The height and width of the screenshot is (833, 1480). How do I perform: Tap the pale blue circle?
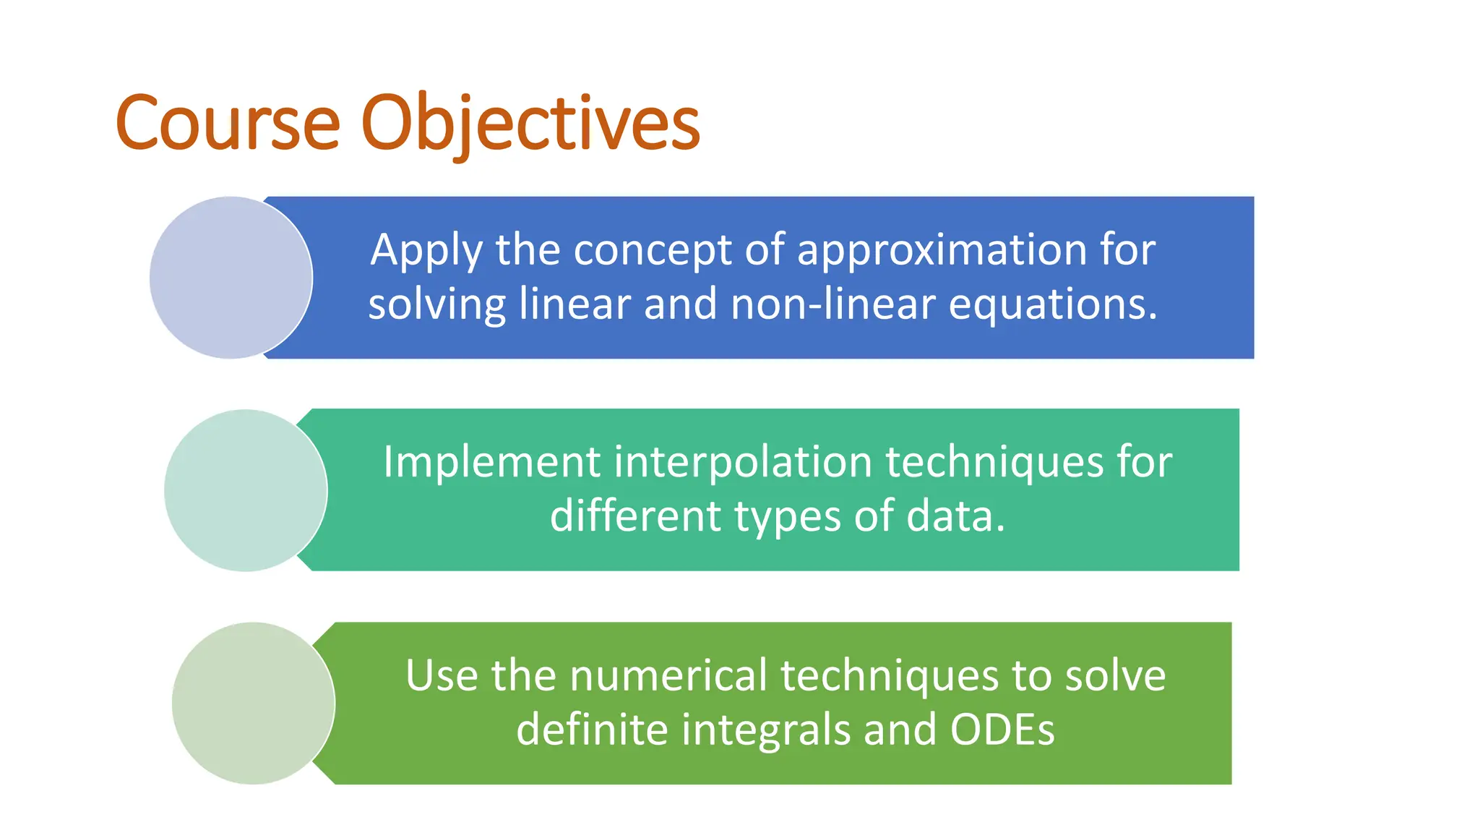coord(231,278)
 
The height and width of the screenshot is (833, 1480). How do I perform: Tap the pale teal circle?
coord(245,490)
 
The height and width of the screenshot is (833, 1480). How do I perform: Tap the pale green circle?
coord(253,703)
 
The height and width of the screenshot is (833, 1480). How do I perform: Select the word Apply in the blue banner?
coord(426,251)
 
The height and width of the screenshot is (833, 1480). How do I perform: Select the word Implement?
coord(491,463)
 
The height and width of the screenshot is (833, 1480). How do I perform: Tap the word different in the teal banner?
coord(635,516)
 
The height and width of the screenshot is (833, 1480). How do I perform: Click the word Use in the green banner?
coord(442,676)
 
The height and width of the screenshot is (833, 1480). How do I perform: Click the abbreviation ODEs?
coord(1002,730)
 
